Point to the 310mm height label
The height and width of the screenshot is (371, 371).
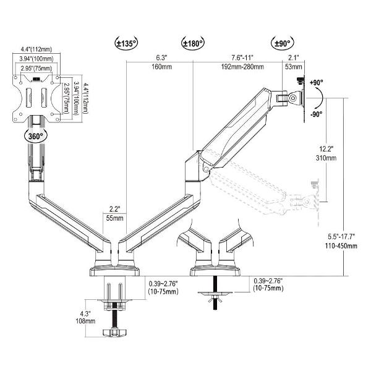(327, 159)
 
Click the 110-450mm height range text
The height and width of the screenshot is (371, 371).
(343, 245)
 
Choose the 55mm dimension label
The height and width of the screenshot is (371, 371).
(114, 218)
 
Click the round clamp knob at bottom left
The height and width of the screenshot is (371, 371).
(116, 334)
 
